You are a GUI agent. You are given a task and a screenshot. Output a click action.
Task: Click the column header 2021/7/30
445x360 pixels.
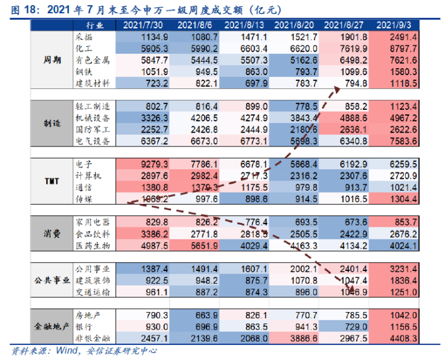pyautogui.click(x=145, y=25)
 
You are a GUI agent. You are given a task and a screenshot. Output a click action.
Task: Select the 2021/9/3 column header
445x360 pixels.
pyautogui.click(x=395, y=25)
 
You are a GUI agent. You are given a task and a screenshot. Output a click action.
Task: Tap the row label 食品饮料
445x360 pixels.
pyautogui.click(x=93, y=234)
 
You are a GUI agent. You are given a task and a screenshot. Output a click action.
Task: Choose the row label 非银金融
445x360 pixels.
pyautogui.click(x=93, y=339)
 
